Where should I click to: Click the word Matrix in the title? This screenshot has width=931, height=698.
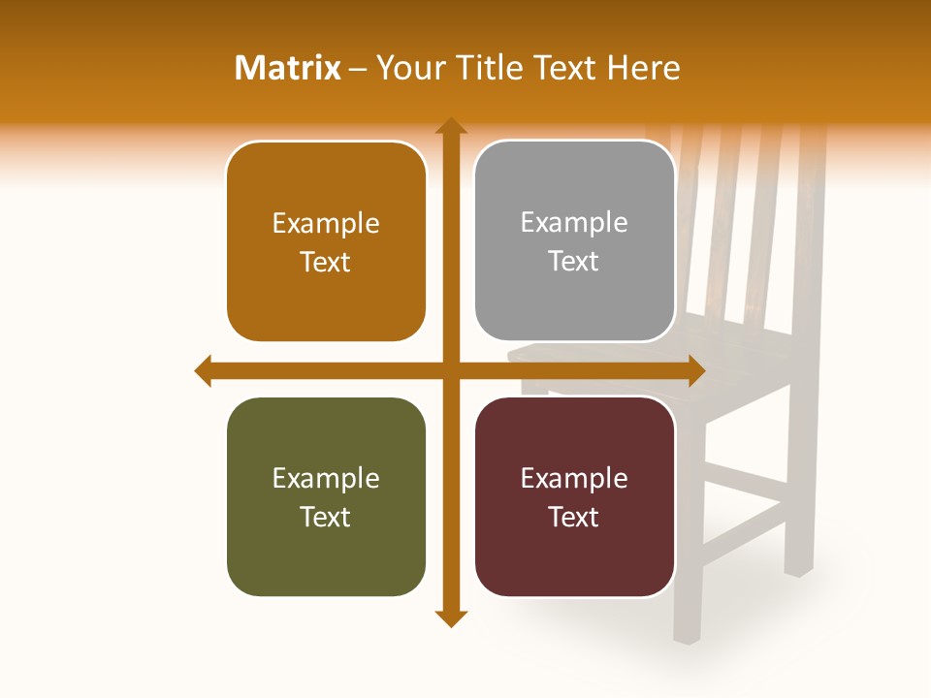(x=288, y=68)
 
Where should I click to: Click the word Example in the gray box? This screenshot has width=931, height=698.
(x=574, y=223)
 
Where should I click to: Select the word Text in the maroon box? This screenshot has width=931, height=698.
(x=574, y=517)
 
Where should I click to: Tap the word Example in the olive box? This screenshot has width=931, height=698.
(x=326, y=478)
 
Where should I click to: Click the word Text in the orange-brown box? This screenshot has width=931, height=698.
(x=326, y=263)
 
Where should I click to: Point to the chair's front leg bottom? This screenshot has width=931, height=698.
(x=686, y=635)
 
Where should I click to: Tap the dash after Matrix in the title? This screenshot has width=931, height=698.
(x=358, y=69)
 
